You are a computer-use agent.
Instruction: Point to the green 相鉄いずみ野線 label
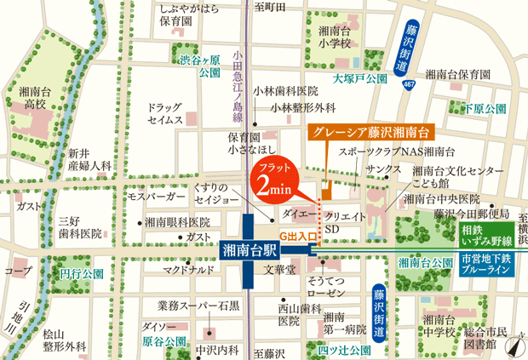[x=488, y=235]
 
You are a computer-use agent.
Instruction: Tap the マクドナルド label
[x=189, y=270]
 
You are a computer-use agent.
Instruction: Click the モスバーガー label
[x=156, y=197]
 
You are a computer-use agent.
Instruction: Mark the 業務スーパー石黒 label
[x=198, y=305]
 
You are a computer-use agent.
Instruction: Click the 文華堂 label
[x=278, y=270]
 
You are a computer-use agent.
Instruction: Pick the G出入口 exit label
[x=298, y=234]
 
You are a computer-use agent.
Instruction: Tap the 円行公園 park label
[x=82, y=274]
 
